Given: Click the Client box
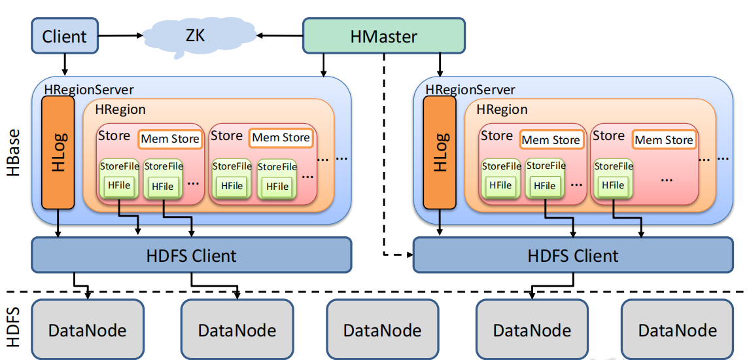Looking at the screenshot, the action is click(65, 35).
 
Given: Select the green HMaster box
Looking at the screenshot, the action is click(383, 35).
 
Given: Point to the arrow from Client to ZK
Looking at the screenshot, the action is click(120, 35).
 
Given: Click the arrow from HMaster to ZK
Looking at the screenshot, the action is click(280, 35).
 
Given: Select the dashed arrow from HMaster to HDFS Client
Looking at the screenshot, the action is click(384, 154).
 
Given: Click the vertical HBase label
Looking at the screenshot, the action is click(14, 153).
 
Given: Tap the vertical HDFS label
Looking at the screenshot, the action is click(14, 328).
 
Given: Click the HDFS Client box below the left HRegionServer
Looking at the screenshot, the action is click(192, 255).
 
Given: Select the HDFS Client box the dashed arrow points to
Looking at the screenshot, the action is click(573, 255).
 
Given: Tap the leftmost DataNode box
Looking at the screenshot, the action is click(88, 329).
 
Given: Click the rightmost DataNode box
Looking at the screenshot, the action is click(677, 329).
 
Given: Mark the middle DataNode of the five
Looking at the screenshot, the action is click(382, 329).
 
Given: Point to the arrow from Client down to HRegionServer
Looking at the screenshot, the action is click(65, 64).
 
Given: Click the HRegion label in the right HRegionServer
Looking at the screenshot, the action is click(502, 109).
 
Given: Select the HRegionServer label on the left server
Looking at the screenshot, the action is click(89, 90).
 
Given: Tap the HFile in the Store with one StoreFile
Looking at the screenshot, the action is click(614, 185).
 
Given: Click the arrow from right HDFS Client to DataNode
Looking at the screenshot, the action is click(553, 287).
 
